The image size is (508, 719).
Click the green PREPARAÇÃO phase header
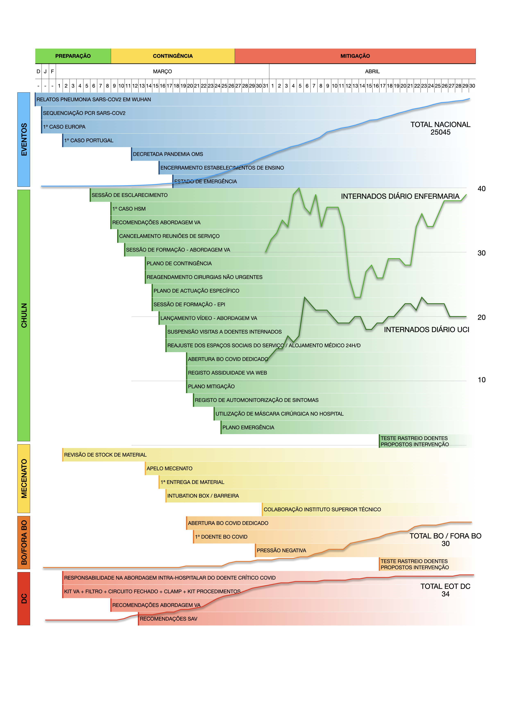73,56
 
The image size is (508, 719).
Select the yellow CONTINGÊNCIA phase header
172,56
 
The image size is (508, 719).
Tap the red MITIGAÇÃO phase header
355,56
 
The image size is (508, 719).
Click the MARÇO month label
162,71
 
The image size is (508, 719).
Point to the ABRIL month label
372,71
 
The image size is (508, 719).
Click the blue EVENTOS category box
24,139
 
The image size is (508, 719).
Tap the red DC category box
24,598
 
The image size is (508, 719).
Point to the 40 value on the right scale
481,189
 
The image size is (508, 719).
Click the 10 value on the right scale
481,380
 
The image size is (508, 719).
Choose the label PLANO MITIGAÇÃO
211,386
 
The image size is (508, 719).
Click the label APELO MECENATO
169,469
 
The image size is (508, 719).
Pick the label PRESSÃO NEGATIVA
281,551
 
